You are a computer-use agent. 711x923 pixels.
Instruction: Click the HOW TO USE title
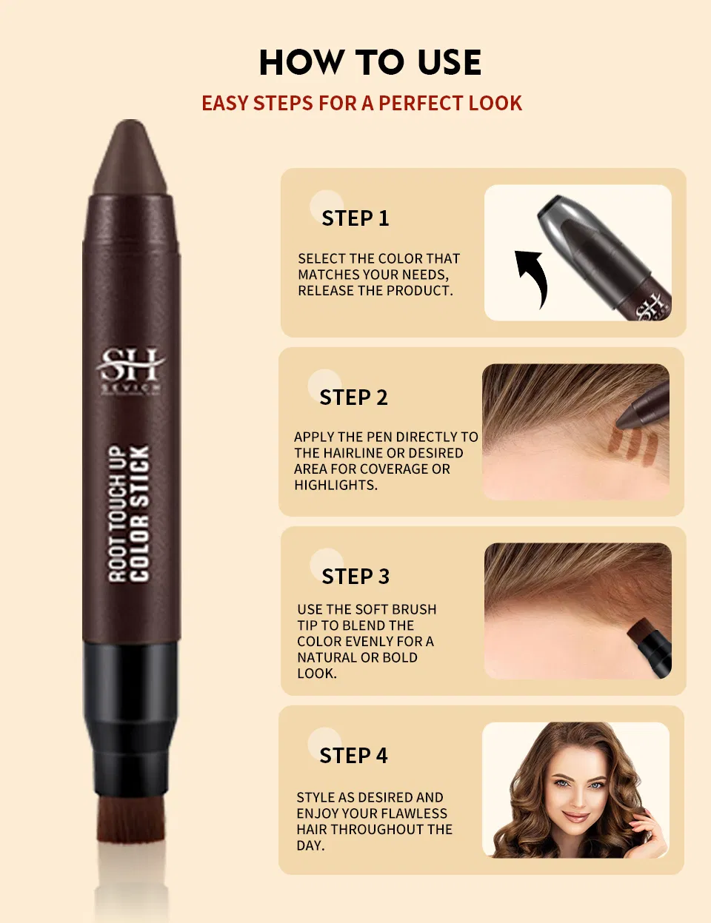point(370,62)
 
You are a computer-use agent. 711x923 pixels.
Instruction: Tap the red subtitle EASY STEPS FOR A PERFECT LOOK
point(361,103)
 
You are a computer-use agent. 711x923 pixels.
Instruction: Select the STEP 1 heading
point(355,218)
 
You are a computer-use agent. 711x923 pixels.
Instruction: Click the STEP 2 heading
point(353,397)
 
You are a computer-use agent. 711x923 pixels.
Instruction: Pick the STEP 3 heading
point(355,577)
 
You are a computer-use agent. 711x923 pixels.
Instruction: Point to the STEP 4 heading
point(353,756)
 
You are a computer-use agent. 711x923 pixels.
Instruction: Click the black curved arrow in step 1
point(533,277)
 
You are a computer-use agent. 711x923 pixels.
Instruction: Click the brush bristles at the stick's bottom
point(132,819)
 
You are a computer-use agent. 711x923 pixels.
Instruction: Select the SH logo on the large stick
point(130,364)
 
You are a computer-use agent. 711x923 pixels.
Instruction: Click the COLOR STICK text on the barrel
point(139,512)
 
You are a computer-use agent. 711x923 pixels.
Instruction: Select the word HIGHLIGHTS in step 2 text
point(335,486)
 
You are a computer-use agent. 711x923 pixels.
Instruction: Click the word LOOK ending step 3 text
point(316,674)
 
